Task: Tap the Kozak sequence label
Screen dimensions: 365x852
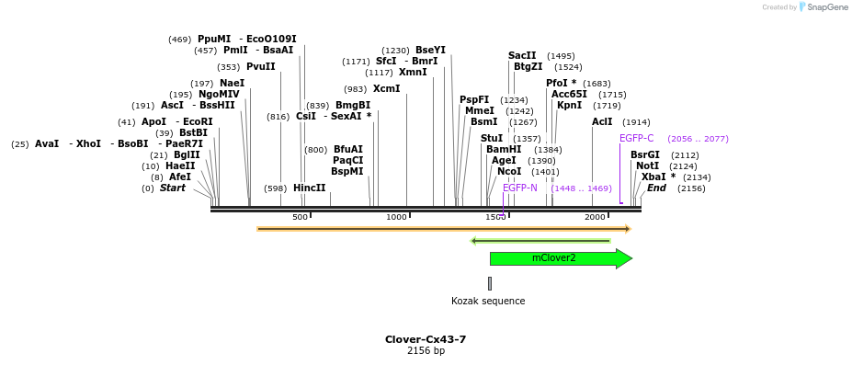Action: point(488,301)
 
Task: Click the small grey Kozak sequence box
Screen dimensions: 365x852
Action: point(490,283)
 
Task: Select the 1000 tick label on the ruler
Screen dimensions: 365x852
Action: point(396,217)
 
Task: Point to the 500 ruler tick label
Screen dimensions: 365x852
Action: point(300,217)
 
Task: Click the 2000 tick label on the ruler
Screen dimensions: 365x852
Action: point(595,217)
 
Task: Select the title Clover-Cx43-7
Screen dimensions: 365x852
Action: point(426,339)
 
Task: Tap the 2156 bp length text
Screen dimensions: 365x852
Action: point(426,351)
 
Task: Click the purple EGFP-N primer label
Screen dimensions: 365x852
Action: point(519,188)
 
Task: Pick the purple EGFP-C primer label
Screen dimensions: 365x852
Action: point(636,138)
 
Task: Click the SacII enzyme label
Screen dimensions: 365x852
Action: point(521,55)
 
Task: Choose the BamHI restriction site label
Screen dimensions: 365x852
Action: point(504,149)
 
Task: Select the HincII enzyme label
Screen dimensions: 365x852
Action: point(309,188)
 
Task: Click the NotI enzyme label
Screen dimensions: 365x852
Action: point(647,165)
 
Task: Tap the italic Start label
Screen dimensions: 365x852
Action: point(172,188)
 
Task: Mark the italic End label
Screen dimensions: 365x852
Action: point(656,188)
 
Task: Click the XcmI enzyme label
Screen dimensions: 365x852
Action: point(386,89)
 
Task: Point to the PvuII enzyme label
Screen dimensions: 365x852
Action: point(260,66)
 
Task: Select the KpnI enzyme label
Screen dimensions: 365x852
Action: point(569,106)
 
